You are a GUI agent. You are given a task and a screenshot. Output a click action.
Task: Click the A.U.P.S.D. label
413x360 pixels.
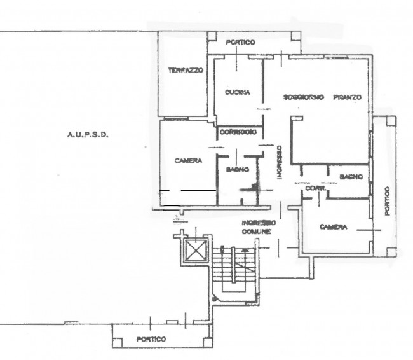coord(88,135)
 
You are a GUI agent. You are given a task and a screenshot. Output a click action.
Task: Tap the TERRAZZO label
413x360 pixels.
coord(186,70)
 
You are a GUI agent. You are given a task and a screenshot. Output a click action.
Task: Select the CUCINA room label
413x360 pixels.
coord(238,92)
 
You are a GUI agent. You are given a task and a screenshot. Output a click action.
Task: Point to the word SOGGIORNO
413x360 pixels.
coord(304,97)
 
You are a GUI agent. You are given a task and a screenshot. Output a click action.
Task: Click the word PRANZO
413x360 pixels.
coord(348,97)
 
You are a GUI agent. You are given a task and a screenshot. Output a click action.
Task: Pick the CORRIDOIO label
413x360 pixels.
coord(238,132)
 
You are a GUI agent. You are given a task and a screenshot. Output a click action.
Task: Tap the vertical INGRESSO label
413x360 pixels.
coord(280,162)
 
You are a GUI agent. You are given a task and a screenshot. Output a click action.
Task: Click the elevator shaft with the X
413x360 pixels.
coord(195,250)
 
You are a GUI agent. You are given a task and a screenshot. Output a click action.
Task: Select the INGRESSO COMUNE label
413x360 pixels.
coord(259,227)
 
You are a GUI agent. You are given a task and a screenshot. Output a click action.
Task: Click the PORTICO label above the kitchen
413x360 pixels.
coord(240,42)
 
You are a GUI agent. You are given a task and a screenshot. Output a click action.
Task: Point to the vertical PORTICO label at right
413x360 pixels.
coord(387,201)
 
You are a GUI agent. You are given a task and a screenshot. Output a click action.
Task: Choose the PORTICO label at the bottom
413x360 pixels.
coord(151,339)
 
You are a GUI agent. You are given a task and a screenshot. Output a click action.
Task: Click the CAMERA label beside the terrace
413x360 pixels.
coord(188,160)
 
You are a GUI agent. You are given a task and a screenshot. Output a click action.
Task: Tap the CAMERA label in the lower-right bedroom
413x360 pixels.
coord(333,227)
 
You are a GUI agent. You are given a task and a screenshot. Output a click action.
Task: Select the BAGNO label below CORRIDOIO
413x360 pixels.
coord(238,170)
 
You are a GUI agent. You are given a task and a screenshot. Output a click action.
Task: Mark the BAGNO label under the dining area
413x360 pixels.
coord(351,177)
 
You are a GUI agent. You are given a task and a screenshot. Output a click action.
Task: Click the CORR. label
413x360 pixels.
coord(316,188)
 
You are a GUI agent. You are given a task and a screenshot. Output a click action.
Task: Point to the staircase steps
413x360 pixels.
coord(233,265)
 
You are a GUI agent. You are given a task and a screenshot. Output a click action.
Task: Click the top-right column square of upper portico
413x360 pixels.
coord(296,36)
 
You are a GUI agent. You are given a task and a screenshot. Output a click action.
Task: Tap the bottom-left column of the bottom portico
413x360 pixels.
coord(118,342)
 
